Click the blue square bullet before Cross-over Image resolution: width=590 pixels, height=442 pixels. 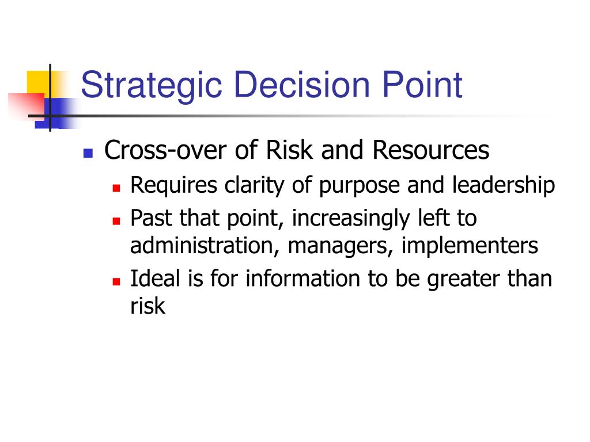click(x=88, y=153)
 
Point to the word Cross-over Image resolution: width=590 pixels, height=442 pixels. click(x=165, y=150)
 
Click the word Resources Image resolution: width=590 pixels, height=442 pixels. click(x=431, y=150)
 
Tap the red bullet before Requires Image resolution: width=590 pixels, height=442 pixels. click(x=116, y=188)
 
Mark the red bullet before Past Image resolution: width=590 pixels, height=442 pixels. click(x=116, y=220)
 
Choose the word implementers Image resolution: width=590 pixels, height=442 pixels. click(x=470, y=246)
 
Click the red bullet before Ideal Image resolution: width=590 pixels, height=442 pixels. click(x=116, y=281)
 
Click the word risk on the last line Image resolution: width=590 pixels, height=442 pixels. click(x=147, y=306)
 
